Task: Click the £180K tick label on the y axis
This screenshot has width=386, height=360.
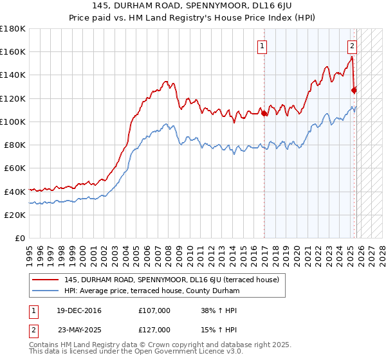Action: click(x=12, y=29)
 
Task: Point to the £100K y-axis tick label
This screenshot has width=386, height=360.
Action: click(x=12, y=122)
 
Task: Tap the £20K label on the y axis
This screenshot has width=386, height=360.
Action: click(x=15, y=215)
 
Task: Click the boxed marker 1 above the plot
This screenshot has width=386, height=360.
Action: click(x=263, y=46)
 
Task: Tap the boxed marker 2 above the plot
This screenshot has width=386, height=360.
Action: click(x=353, y=46)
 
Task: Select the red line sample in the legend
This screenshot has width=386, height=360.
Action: click(x=46, y=280)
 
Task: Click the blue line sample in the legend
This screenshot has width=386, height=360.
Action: click(x=46, y=291)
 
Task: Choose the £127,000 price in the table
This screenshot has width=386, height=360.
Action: click(x=154, y=329)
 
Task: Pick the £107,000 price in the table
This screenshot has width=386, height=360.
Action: click(x=154, y=311)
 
